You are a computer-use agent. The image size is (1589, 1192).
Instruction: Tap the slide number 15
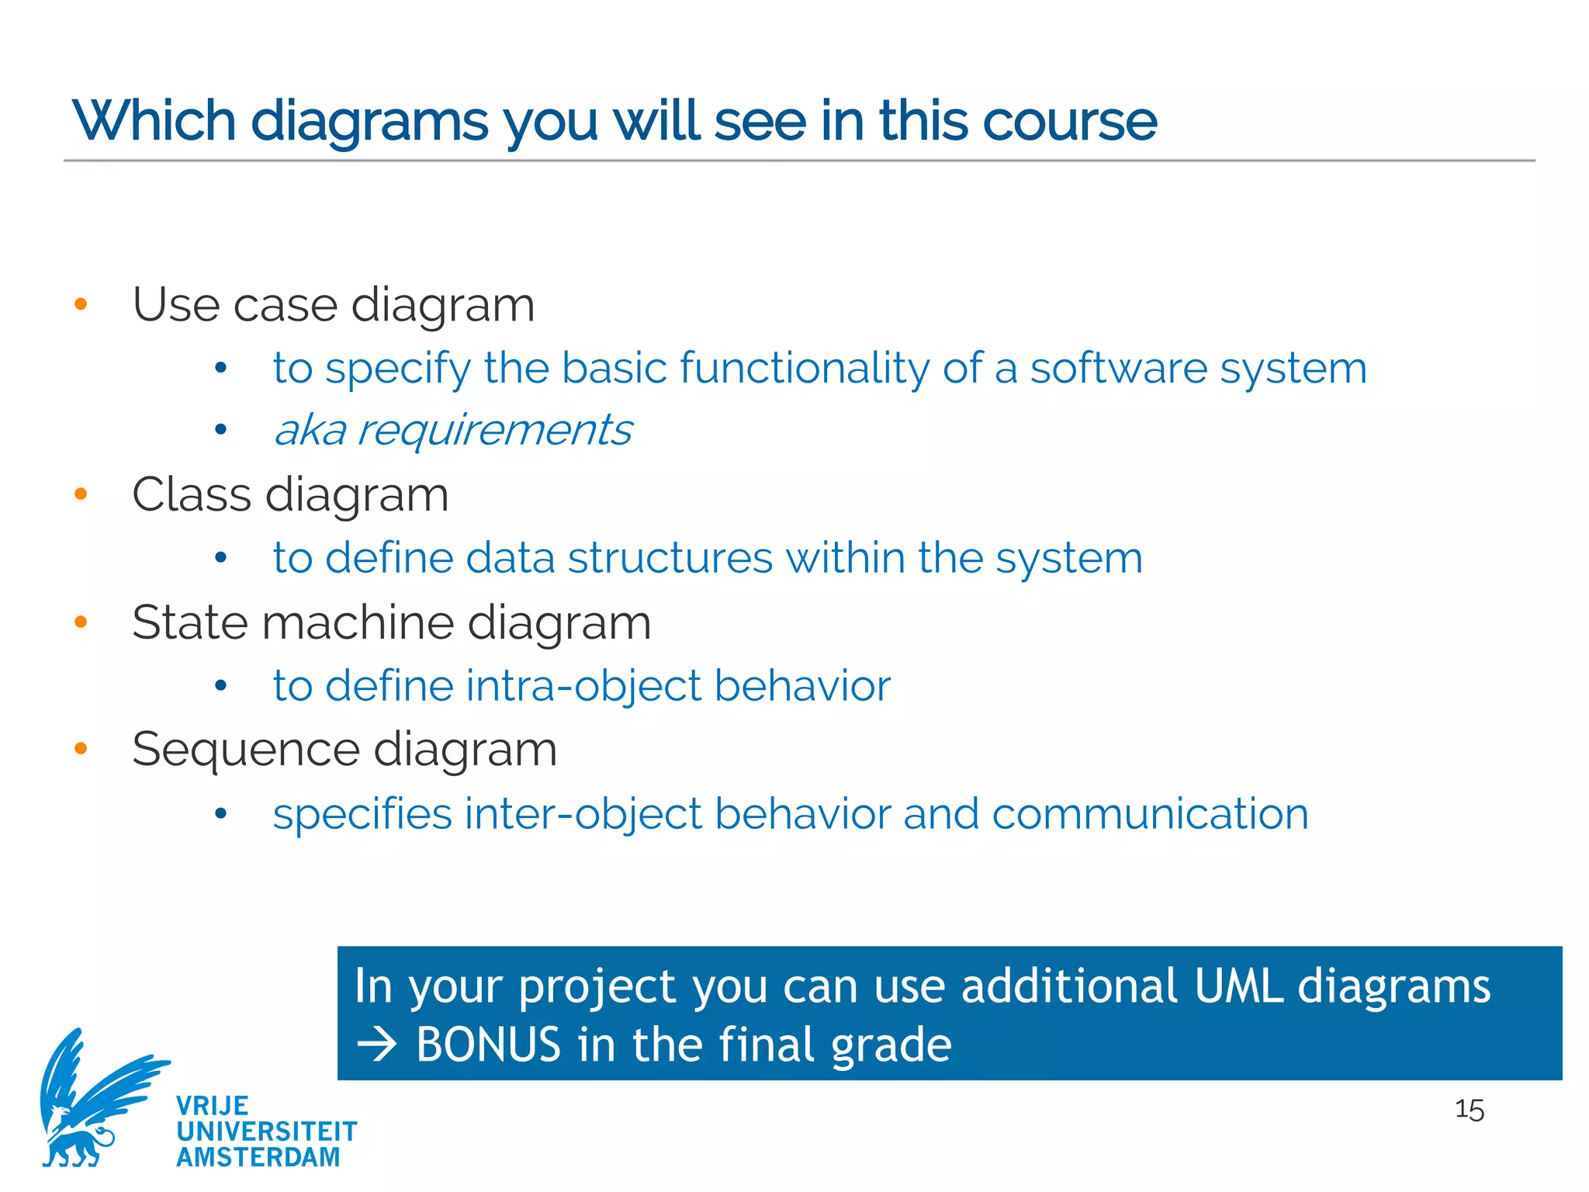[x=1469, y=1110]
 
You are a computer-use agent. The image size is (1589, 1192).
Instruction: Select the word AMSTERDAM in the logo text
[x=258, y=1157]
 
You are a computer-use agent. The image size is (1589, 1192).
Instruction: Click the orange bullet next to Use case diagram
[x=81, y=304]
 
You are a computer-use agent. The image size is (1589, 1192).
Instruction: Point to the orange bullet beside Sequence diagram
[x=81, y=749]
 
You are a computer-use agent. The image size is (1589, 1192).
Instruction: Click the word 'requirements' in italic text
[x=494, y=431]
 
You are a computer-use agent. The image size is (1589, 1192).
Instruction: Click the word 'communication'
[x=1149, y=814]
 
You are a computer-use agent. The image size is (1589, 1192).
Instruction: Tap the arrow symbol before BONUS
[x=376, y=1045]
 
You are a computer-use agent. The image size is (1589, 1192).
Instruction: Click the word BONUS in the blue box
[x=488, y=1045]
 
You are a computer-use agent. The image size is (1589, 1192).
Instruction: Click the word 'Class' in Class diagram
[x=192, y=494]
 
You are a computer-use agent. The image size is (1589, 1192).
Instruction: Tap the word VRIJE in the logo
[x=212, y=1106]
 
